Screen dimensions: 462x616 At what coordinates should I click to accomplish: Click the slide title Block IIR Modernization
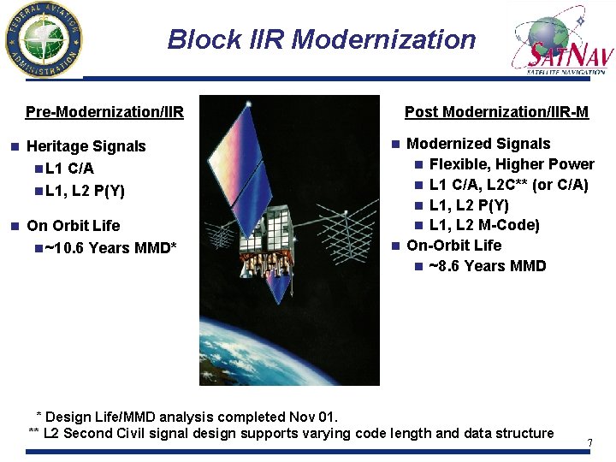click(321, 39)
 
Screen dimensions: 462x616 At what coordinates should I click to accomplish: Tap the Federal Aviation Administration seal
click(42, 39)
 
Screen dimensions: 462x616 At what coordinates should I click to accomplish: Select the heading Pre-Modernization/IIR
click(104, 112)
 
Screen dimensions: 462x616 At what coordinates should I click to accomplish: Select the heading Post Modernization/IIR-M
click(496, 112)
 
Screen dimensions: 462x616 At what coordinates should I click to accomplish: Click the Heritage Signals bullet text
click(86, 146)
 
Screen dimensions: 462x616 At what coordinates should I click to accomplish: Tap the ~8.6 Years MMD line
click(487, 266)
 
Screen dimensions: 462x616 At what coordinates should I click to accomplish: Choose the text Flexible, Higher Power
click(512, 164)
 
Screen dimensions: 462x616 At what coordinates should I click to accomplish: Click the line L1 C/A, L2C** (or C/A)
click(508, 185)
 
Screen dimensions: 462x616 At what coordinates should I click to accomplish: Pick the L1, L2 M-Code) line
click(484, 225)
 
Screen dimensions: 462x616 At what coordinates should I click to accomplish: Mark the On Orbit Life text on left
click(74, 226)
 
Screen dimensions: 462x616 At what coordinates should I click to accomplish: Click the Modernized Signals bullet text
click(478, 144)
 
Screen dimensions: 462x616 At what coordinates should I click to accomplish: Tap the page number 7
click(589, 442)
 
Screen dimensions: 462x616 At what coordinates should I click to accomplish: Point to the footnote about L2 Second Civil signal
click(291, 433)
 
